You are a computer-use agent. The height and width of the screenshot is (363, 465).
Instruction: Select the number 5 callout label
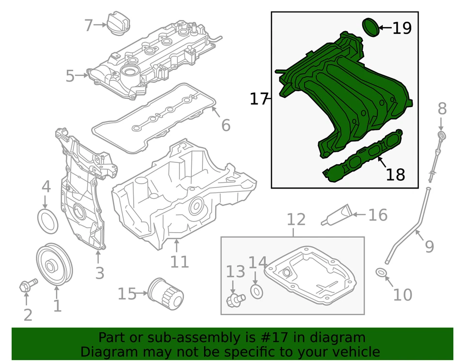tap(71, 76)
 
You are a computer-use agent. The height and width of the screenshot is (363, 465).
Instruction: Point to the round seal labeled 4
tap(47, 221)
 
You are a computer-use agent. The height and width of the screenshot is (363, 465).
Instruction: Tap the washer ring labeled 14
tap(257, 291)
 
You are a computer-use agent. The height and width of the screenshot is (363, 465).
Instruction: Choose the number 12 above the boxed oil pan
tap(296, 220)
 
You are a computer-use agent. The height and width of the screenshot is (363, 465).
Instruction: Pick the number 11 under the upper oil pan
tap(179, 262)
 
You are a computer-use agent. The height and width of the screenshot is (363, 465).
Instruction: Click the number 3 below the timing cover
tap(99, 273)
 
